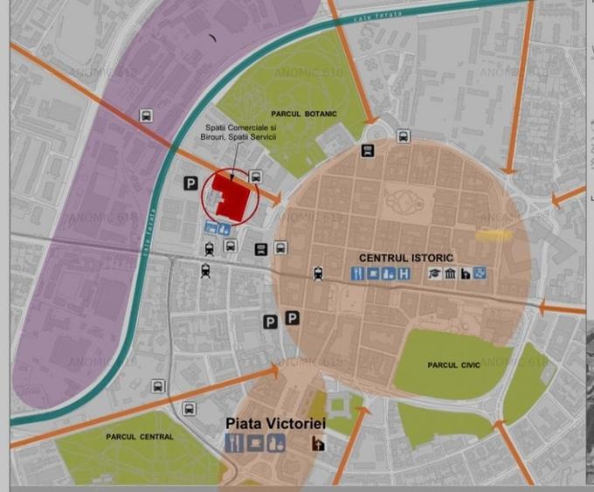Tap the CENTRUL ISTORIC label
pos(405,258)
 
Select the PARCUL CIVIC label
pos(453,364)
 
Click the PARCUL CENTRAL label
pos(140,436)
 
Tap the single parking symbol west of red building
pos(190,183)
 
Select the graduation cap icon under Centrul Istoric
pos(433,274)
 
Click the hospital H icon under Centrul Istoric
pos(404,274)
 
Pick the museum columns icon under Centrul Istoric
pos(450,274)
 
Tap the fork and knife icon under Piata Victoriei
pos(233,442)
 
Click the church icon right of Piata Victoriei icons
pos(318,443)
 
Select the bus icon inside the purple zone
pos(146,115)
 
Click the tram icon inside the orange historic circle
pos(318,274)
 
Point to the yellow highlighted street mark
pos(494,234)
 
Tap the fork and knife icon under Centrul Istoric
pos(358,274)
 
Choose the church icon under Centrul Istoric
pos(466,274)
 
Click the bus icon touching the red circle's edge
pos(256,177)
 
